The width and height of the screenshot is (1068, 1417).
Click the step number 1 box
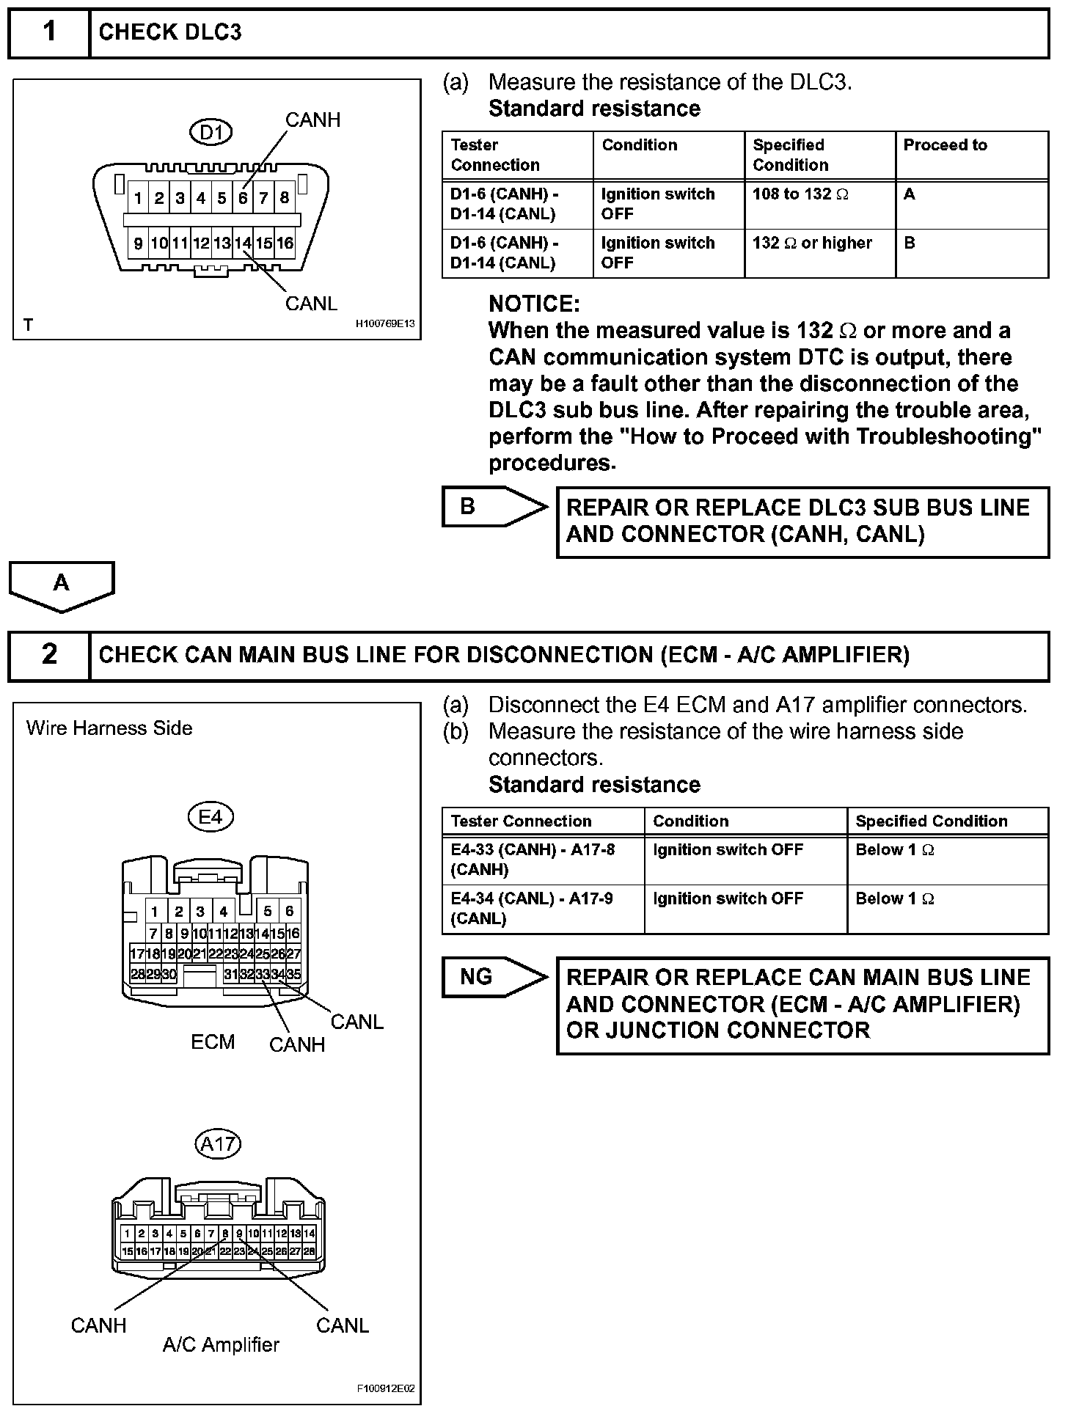(49, 33)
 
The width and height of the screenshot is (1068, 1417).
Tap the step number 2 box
(49, 655)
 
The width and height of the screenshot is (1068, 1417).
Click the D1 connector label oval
(211, 133)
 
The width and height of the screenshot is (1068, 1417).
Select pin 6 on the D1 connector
(243, 198)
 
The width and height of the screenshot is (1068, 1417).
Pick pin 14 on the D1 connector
(243, 244)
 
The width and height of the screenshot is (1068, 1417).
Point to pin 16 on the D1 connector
(285, 244)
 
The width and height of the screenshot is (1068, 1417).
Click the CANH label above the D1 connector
(312, 120)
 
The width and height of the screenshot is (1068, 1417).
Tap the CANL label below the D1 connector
(311, 304)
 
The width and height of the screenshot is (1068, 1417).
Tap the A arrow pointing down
(62, 585)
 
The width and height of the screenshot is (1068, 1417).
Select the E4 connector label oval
(211, 817)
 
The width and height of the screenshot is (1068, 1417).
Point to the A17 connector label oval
(218, 1143)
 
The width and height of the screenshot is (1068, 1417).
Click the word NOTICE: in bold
(534, 304)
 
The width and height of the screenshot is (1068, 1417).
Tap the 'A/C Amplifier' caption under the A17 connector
(221, 1345)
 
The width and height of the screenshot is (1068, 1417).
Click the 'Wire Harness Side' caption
(109, 728)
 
